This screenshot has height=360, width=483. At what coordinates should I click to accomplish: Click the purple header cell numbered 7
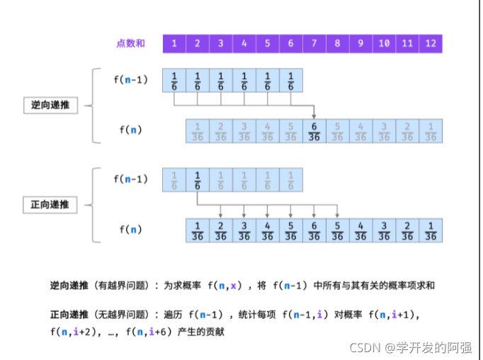pos(314,44)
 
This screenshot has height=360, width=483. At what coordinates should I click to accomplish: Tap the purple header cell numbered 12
pos(431,44)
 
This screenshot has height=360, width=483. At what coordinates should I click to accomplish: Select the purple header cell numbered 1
pos(174,44)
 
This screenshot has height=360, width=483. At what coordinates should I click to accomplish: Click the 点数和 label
pos(130,44)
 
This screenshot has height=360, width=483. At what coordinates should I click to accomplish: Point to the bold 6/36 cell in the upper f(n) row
pos(314,131)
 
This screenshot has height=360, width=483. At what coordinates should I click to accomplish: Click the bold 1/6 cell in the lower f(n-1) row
pos(198,180)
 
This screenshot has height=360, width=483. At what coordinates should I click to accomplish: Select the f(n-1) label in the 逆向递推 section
pos(130,79)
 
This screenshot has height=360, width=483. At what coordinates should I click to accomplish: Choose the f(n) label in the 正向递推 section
pos(130,230)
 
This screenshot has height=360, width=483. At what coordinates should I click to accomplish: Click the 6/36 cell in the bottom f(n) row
pos(314,230)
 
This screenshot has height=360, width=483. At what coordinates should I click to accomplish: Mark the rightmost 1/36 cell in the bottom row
pos(431,230)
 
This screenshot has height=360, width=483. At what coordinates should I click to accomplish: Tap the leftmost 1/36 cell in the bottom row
pos(198,230)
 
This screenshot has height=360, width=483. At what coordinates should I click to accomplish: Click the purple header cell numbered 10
pos(384,44)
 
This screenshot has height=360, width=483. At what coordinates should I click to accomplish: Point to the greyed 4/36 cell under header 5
pos(267,131)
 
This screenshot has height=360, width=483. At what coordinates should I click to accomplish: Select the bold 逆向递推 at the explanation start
pos(69,286)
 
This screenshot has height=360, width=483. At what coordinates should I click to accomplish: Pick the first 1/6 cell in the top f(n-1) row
pos(174,80)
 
